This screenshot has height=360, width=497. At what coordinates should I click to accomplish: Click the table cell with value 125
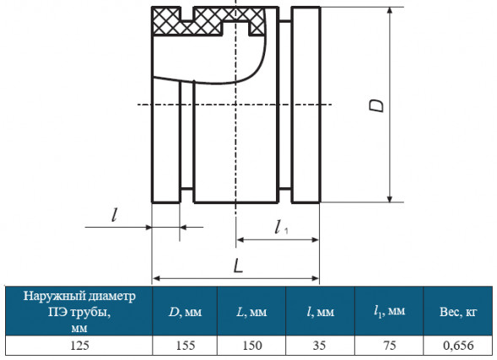(79, 345)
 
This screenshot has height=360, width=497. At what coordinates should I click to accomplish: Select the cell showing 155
(185, 345)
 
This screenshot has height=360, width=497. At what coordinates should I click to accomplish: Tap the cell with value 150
(252, 345)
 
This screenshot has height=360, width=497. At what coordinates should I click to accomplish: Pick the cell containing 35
(319, 345)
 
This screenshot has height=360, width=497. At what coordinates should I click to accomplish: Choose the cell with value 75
(389, 345)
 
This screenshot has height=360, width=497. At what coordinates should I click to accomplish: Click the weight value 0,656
(458, 345)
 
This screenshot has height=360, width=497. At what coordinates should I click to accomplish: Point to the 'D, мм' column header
(185, 312)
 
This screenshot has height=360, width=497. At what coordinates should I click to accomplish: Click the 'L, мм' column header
(252, 312)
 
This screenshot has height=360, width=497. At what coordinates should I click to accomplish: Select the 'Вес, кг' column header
(458, 312)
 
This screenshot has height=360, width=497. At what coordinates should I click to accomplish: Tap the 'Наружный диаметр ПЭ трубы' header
(79, 312)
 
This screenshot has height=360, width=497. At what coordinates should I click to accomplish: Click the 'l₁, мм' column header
(389, 312)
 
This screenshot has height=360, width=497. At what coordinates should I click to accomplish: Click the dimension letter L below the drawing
(238, 266)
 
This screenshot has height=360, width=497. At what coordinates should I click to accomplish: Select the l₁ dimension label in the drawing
(281, 227)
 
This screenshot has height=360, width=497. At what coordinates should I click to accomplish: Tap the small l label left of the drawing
(115, 215)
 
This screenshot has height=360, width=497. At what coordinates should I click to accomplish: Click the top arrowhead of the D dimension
(390, 11)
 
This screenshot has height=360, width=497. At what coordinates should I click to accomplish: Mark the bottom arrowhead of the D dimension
(390, 198)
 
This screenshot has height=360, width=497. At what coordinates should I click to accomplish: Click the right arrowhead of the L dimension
(315, 278)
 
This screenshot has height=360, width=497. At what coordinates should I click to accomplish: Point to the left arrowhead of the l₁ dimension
(240, 239)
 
